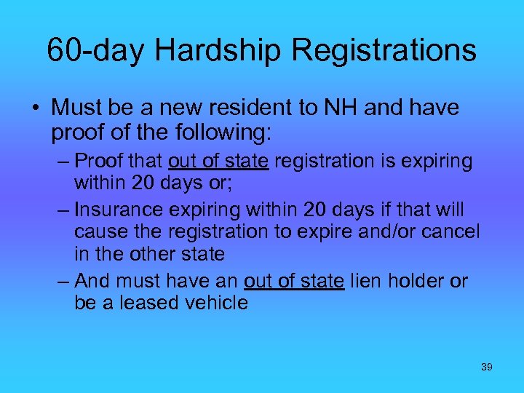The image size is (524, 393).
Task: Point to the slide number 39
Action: click(487, 367)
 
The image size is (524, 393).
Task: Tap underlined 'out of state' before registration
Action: click(219, 160)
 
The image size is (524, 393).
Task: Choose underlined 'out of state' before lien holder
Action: click(294, 280)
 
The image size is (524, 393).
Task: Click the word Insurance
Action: click(121, 210)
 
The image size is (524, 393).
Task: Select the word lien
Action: click(365, 280)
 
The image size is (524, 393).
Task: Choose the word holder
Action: click(418, 280)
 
